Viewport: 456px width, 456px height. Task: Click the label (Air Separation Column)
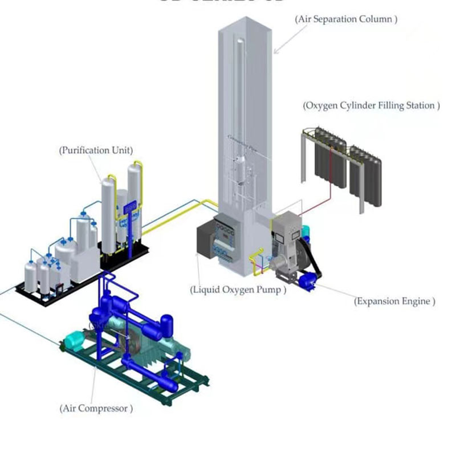tap(346, 19)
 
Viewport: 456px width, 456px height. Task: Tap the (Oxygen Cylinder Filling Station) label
tap(371, 105)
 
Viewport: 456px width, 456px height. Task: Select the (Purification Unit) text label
tap(96, 150)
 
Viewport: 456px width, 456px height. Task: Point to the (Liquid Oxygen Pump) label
tap(238, 290)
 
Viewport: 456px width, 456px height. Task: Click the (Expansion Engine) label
tap(394, 301)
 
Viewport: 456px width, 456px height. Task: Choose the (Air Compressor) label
tap(96, 408)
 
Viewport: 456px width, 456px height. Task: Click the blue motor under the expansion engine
tap(306, 279)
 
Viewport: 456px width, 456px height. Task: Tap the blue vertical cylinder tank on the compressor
tap(166, 325)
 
